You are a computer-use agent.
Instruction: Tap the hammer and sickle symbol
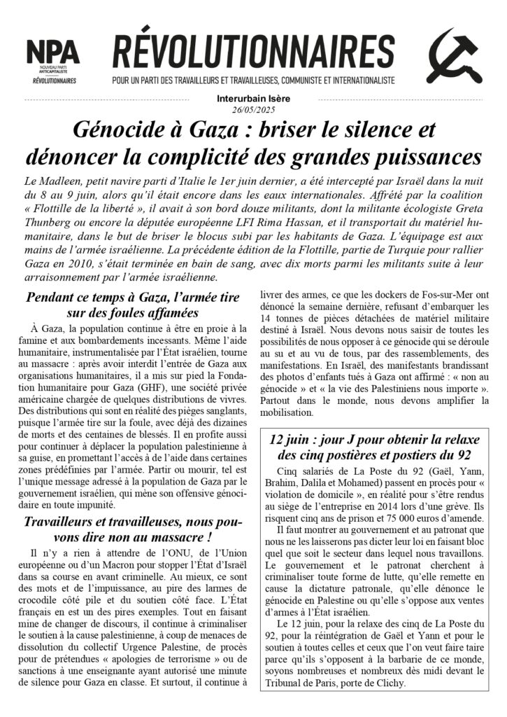(453, 59)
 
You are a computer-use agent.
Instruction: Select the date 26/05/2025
(254, 110)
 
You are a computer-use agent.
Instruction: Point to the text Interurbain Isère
(254, 99)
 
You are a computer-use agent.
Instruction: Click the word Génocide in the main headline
(124, 130)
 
